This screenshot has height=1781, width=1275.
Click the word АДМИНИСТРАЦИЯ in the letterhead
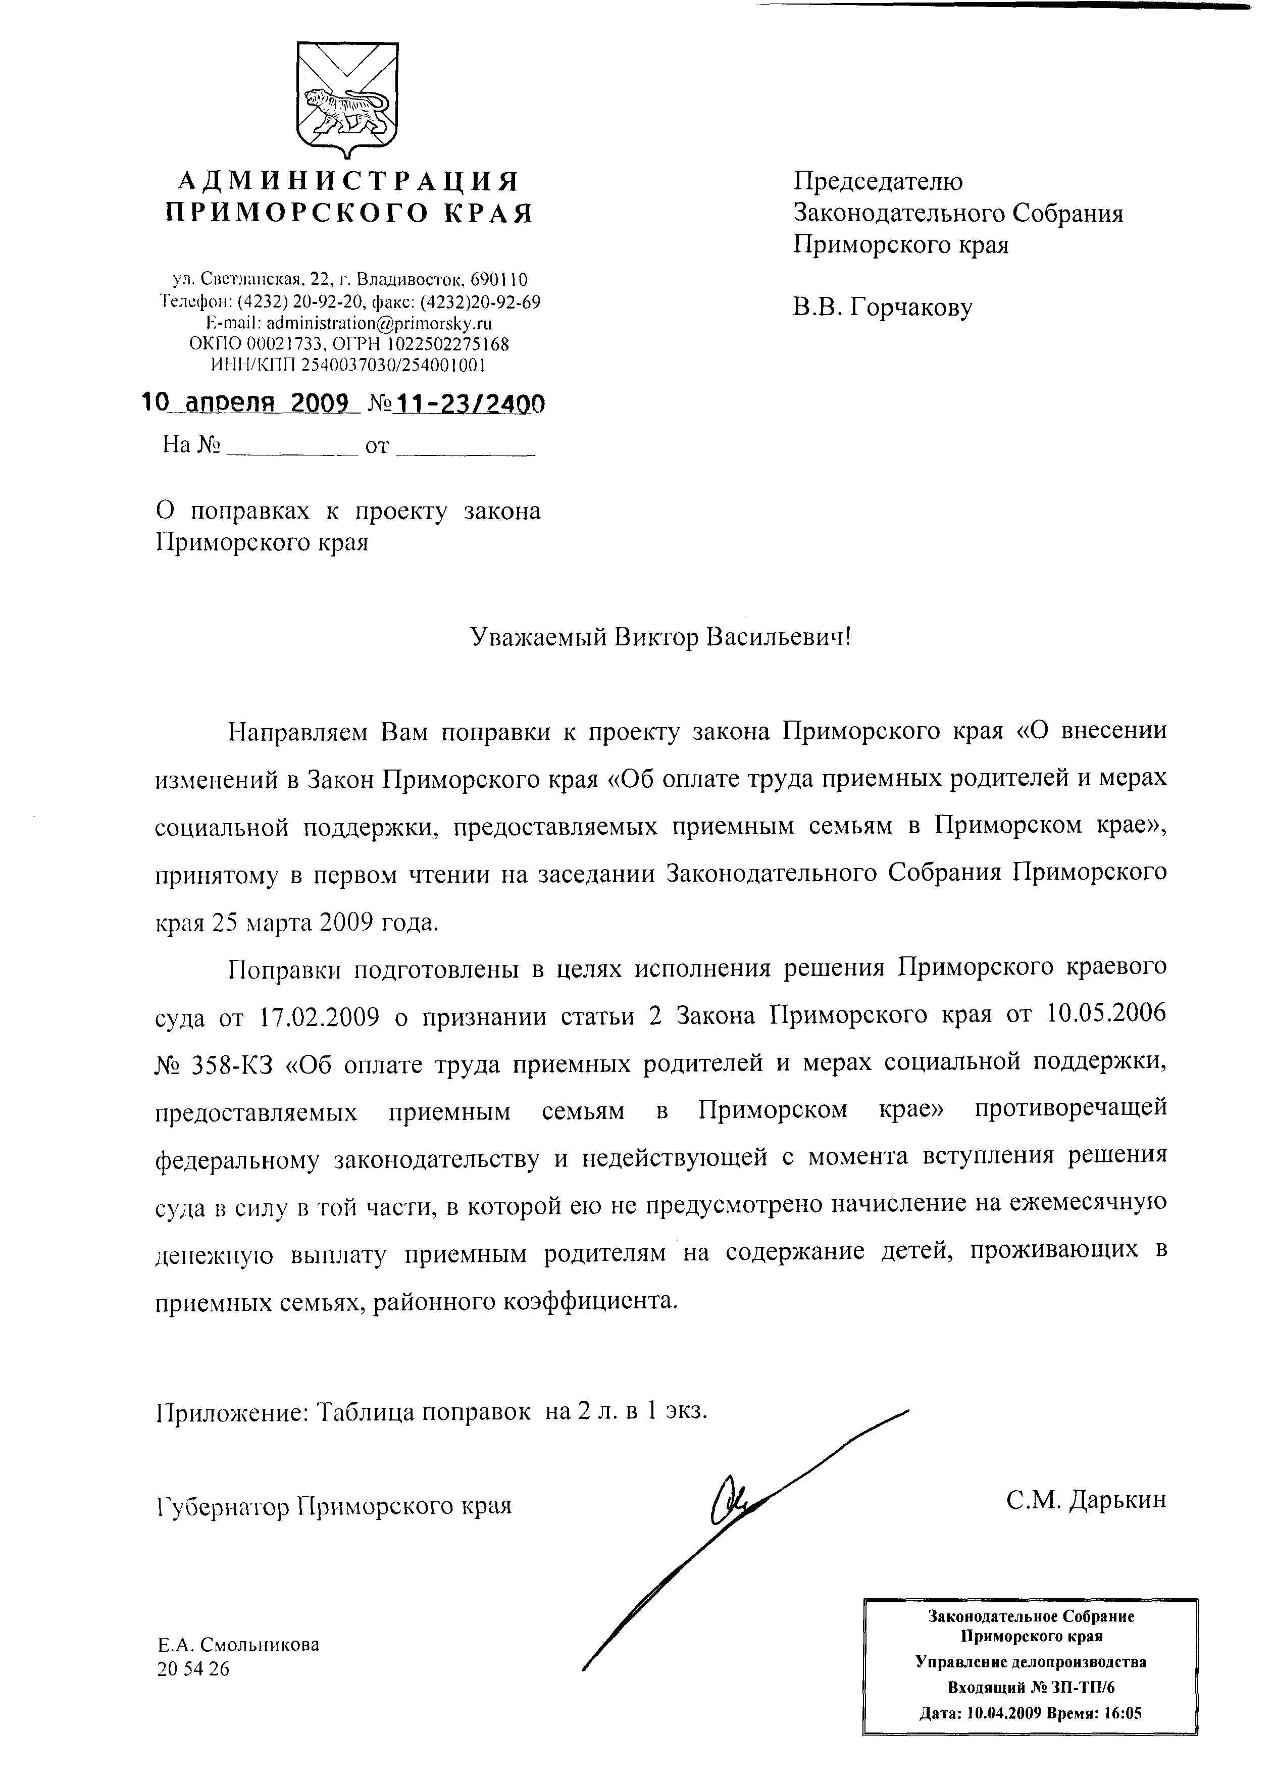[348, 182]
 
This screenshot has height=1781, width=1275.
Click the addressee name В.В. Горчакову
[883, 307]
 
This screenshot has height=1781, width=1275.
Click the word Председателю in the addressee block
[878, 182]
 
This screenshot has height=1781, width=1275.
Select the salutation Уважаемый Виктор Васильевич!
[660, 637]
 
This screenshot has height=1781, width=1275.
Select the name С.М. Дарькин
[1087, 1500]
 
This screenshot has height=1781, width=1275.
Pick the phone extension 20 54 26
[193, 1669]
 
